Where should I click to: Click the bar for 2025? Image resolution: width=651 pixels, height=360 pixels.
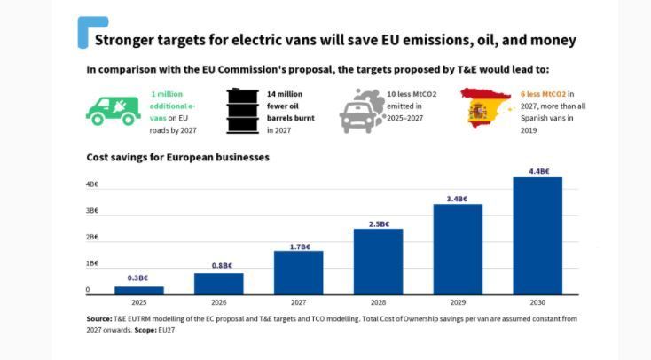[x=138, y=290]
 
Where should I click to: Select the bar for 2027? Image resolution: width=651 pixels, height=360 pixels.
[x=298, y=272]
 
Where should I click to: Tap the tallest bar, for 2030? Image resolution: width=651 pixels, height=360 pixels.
[x=537, y=236]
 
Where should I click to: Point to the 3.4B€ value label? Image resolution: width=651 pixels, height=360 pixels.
[x=458, y=199]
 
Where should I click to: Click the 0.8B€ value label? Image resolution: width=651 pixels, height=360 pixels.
[x=218, y=266]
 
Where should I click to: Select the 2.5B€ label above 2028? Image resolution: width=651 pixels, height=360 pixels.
[x=378, y=224]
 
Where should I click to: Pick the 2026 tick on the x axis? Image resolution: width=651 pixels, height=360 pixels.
[x=218, y=303]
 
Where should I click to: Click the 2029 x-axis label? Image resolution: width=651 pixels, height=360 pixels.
[x=458, y=303]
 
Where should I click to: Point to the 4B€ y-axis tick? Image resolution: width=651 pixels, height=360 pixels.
[x=91, y=184]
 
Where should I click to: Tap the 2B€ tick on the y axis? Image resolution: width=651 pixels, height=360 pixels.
[x=91, y=237]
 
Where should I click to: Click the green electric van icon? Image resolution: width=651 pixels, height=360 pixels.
[x=114, y=110]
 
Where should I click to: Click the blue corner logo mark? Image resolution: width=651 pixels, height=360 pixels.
[x=91, y=31]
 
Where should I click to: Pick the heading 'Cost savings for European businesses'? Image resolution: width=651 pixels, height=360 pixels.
[x=177, y=157]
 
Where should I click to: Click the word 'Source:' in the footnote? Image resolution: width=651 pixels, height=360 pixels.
[x=98, y=318]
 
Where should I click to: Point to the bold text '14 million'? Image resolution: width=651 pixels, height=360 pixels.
[x=285, y=93]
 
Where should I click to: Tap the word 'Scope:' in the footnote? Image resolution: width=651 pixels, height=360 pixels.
[x=145, y=329]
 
